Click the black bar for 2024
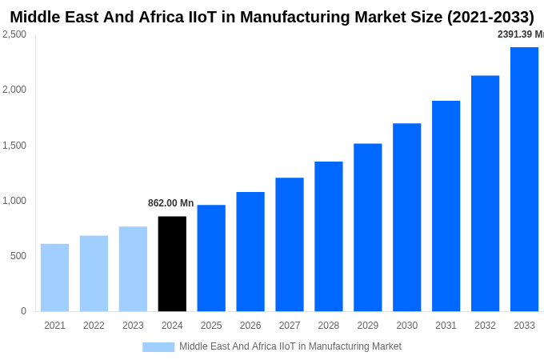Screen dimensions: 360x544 (x=172, y=264)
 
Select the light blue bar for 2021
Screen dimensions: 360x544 (x=54, y=278)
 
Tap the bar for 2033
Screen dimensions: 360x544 (x=524, y=179)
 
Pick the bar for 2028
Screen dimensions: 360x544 (x=329, y=237)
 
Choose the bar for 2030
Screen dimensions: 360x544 (x=406, y=218)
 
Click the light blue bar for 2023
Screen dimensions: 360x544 (x=133, y=269)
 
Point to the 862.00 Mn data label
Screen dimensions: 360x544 (x=170, y=203)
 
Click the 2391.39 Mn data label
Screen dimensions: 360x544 (x=520, y=34)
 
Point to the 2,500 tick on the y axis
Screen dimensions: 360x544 (x=14, y=34)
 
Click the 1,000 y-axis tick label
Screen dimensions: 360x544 (x=14, y=201)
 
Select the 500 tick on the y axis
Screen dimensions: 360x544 (x=18, y=256)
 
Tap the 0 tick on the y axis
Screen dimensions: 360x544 (x=23, y=311)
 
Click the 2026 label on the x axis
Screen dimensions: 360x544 (x=250, y=326)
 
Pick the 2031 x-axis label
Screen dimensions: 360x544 (x=446, y=326)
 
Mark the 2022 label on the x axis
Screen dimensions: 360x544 (x=94, y=326)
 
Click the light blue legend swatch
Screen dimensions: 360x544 (x=158, y=347)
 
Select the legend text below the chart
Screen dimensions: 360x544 (x=290, y=346)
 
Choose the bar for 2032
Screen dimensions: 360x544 (x=485, y=194)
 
